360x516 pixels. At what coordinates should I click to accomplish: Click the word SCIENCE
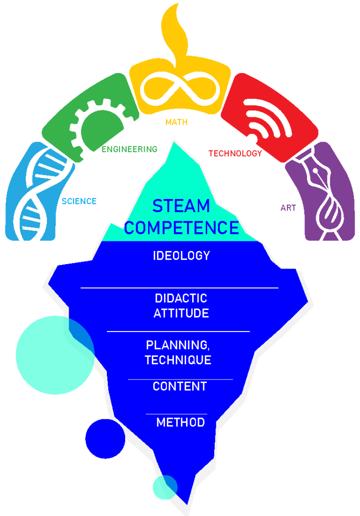point(79,202)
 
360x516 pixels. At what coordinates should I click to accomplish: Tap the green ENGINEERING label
point(130,149)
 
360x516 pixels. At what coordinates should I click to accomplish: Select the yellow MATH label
point(176,122)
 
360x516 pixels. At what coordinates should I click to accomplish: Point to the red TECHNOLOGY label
point(235,154)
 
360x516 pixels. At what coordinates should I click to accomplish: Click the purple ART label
point(288,208)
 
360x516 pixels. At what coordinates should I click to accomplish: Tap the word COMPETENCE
point(181,228)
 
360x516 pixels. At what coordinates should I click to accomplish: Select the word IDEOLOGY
point(181,255)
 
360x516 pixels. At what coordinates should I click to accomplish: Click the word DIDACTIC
point(181,298)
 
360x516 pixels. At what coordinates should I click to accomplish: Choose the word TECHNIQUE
point(178,360)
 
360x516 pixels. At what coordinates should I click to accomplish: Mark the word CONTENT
point(179,386)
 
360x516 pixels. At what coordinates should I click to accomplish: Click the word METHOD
point(181,422)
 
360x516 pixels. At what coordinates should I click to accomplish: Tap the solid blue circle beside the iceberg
point(105,438)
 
